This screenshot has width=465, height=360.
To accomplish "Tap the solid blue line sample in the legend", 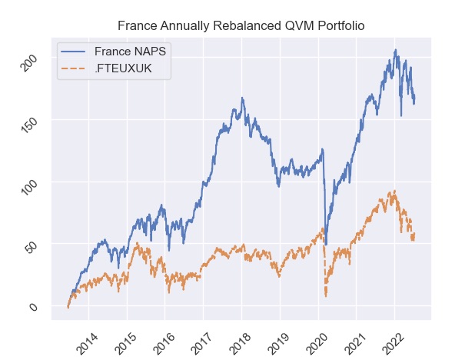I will [x=76, y=52].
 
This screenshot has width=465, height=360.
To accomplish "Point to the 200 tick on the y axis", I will [x=32, y=65].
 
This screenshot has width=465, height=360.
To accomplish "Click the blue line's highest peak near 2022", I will [x=396, y=51].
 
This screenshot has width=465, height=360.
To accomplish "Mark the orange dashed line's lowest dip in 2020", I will [x=326, y=296].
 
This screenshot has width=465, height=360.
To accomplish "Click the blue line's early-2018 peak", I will [x=242, y=98].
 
